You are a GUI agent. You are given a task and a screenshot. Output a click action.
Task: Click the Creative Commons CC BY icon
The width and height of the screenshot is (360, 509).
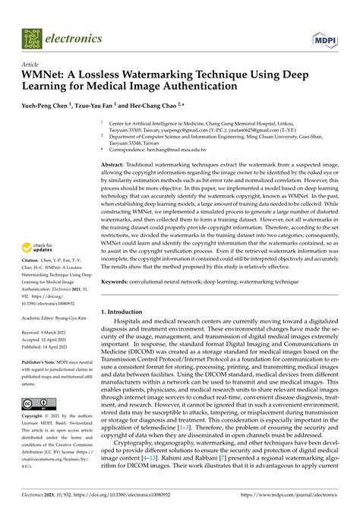[x=38, y=403]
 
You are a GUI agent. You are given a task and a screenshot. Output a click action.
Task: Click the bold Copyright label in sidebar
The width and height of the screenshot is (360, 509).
[x=36, y=417]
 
